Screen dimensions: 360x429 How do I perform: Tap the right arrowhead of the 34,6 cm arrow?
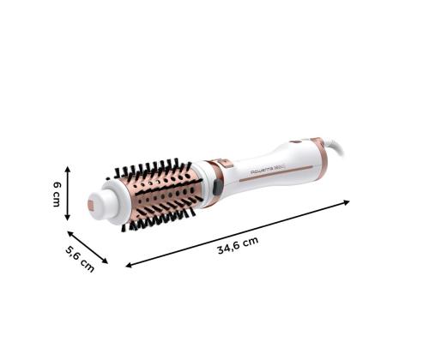click(347, 203)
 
